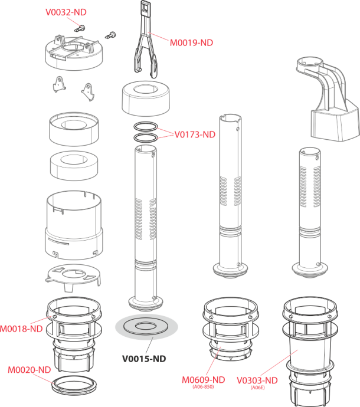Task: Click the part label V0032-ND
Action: pyautogui.click(x=66, y=12)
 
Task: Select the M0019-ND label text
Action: pyautogui.click(x=191, y=43)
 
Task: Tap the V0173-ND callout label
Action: pyautogui.click(x=195, y=134)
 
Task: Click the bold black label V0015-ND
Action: pyautogui.click(x=144, y=359)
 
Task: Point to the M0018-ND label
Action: pyautogui.click(x=21, y=329)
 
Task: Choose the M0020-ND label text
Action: pyautogui.click(x=30, y=370)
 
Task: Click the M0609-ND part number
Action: pyautogui.click(x=204, y=380)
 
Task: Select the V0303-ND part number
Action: pyautogui.click(x=257, y=380)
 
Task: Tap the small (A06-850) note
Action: pyautogui.click(x=203, y=387)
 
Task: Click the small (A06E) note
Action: pyautogui.click(x=257, y=388)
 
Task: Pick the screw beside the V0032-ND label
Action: pyautogui.click(x=80, y=28)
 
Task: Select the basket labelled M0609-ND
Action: pyautogui.click(x=231, y=330)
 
